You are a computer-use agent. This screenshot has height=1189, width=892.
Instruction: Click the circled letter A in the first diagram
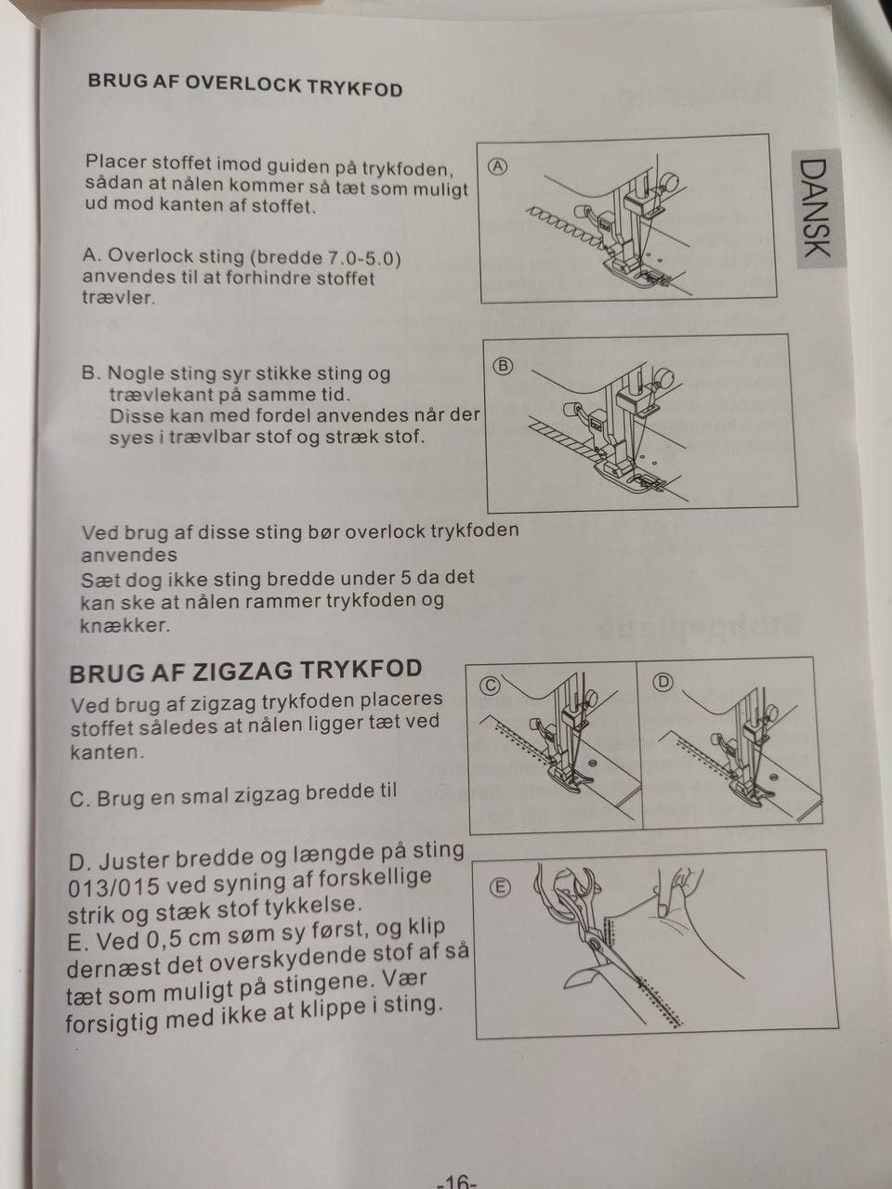pos(498,167)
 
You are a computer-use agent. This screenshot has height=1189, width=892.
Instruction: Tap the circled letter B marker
pos(502,367)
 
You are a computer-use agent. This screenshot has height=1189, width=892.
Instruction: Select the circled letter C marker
pos(490,686)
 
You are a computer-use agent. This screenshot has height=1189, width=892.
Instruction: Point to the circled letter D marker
pos(663,683)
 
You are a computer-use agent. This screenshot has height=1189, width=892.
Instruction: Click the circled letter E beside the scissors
pos(499,887)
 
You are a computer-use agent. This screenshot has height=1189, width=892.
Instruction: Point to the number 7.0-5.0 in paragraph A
pos(361,258)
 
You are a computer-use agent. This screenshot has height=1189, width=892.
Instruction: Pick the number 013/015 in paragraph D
pos(113,888)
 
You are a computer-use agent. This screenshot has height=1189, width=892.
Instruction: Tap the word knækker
pos(125,626)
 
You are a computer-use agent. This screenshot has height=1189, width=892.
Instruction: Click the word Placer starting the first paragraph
pos(115,162)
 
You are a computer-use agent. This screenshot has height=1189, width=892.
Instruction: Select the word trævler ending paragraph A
pos(119,297)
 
